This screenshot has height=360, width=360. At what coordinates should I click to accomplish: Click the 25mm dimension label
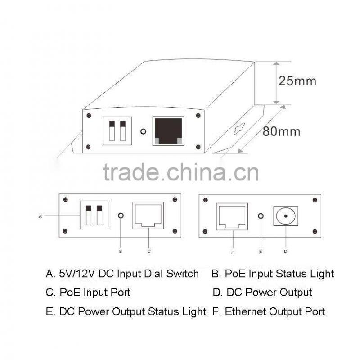[x=297, y=81]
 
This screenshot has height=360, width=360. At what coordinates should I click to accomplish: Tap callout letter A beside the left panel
[x=40, y=216]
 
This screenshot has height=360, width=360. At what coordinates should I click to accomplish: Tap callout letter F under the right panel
[x=232, y=252]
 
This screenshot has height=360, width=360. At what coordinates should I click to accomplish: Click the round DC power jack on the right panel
[x=286, y=216]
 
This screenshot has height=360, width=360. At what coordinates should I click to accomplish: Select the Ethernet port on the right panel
[x=232, y=216]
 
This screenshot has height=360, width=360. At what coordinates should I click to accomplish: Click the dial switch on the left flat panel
[x=94, y=215]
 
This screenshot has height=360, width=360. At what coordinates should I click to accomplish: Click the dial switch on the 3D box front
[x=117, y=131]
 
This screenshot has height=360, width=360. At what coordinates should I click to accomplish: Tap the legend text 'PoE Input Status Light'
[x=279, y=273]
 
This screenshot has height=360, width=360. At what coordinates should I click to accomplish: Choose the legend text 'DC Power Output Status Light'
[x=132, y=311]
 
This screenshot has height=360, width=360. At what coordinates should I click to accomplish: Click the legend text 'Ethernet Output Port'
[x=275, y=311]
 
